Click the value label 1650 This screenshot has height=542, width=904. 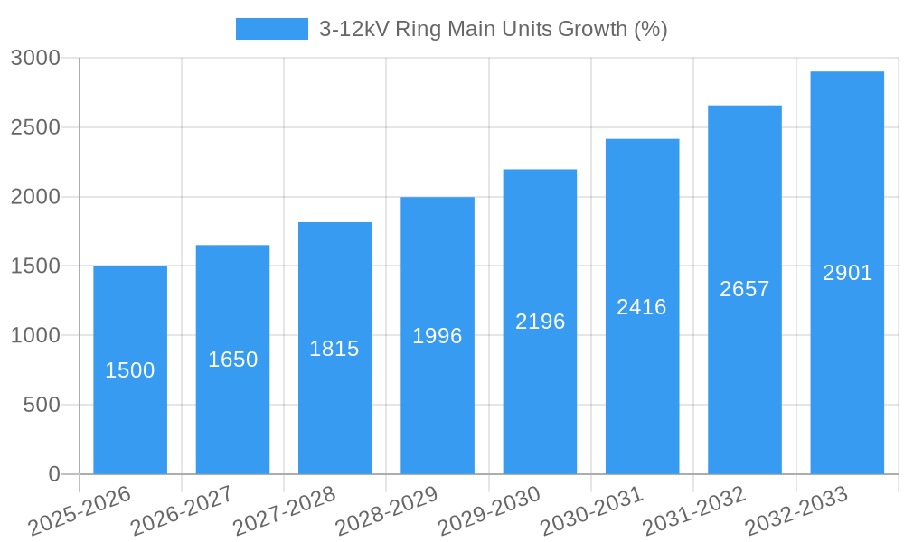[x=232, y=360]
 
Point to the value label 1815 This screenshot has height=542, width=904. [x=334, y=349]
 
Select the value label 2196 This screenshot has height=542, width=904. [x=540, y=322]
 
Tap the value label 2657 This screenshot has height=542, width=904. [x=744, y=289]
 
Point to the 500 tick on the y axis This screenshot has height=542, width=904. [x=42, y=405]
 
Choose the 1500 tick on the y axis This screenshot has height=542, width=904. [x=35, y=266]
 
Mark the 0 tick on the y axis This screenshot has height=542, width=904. [x=53, y=474]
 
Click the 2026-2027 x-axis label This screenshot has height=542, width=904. [x=182, y=511]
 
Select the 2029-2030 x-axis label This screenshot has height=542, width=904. [x=489, y=511]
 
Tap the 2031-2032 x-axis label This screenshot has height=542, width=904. [x=694, y=511]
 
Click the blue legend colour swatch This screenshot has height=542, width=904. [x=271, y=29]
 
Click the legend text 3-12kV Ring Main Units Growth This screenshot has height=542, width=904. [x=493, y=29]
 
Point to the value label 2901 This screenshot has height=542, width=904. [x=847, y=273]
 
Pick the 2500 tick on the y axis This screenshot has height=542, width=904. [x=35, y=127]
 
